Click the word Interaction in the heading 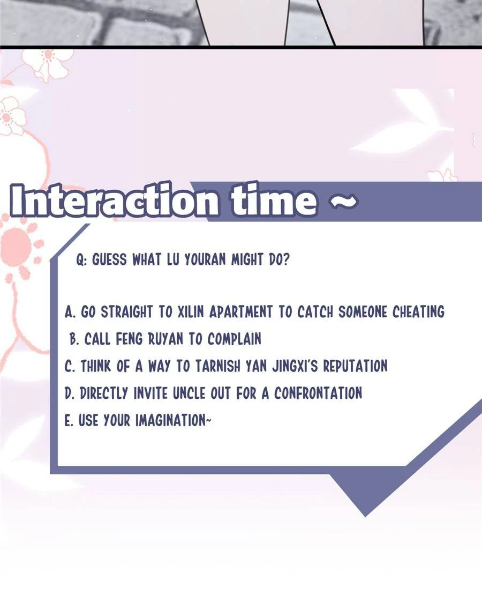coord(114,200)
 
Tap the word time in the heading coord(274,200)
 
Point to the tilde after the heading coord(344,200)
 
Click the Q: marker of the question coord(81,259)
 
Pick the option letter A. coord(70,312)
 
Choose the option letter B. coord(74,339)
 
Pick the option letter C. coord(70,367)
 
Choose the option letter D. coord(70,393)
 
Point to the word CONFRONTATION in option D coord(318,393)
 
